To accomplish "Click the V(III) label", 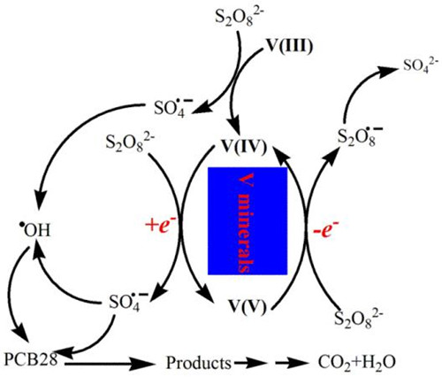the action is tap(289, 47).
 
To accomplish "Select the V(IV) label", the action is tap(245, 147).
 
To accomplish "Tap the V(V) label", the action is tap(248, 306).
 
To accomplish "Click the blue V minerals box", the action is tap(248, 221).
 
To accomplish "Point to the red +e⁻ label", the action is tap(161, 227).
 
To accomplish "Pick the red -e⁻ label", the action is tap(325, 228).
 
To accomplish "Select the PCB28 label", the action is tap(31, 358).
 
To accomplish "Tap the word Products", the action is tap(198, 363).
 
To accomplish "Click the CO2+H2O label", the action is tap(356, 363).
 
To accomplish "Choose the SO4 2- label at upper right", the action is tap(421, 65).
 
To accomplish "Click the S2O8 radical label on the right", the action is tap(360, 135).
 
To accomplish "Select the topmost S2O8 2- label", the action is tap(240, 19).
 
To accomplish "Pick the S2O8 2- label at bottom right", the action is tap(359, 319).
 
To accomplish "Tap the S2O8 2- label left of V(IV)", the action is tap(131, 143).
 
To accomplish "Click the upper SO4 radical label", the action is tap(173, 108).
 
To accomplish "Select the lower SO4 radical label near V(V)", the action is tap(128, 302).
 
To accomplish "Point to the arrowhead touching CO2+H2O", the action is tap(300, 363).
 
